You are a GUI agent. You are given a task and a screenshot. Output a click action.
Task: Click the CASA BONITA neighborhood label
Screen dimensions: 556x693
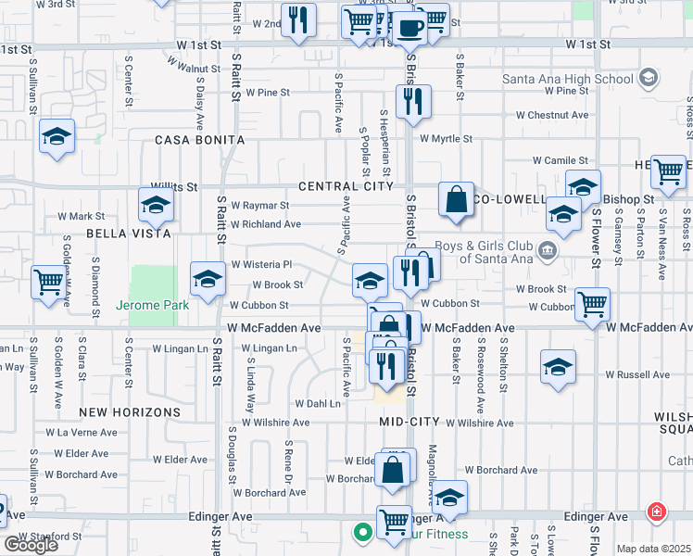tap(200, 140)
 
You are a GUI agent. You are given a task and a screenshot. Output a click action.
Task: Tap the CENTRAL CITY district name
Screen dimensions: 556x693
tap(346, 186)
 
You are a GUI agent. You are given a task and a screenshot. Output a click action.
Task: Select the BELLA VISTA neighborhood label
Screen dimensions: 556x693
tap(129, 234)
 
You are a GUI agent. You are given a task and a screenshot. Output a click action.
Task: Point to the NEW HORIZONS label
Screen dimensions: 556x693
tap(130, 411)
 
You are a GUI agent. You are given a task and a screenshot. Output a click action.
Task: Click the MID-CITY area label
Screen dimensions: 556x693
tap(409, 422)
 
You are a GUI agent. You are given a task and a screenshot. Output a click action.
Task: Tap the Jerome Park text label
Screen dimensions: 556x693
tap(152, 305)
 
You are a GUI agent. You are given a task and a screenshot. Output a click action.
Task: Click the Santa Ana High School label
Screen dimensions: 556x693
tap(568, 79)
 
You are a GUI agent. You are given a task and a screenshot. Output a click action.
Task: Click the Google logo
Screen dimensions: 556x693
tap(31, 545)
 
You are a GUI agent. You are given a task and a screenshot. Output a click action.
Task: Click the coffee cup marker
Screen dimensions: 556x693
tap(411, 29)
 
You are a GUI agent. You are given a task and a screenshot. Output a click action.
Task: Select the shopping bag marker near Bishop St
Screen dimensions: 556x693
tap(456, 199)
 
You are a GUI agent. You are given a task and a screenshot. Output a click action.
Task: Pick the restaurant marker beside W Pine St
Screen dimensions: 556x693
tap(413, 100)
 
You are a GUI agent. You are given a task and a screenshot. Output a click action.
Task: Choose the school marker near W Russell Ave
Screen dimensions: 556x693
tap(558, 367)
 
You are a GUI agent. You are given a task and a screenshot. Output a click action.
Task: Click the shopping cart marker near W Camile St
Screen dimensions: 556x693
tap(667, 171)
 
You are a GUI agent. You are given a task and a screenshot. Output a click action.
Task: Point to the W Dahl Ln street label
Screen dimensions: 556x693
tap(318, 403)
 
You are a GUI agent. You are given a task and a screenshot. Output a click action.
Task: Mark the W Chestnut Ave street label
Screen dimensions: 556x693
tap(553, 116)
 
